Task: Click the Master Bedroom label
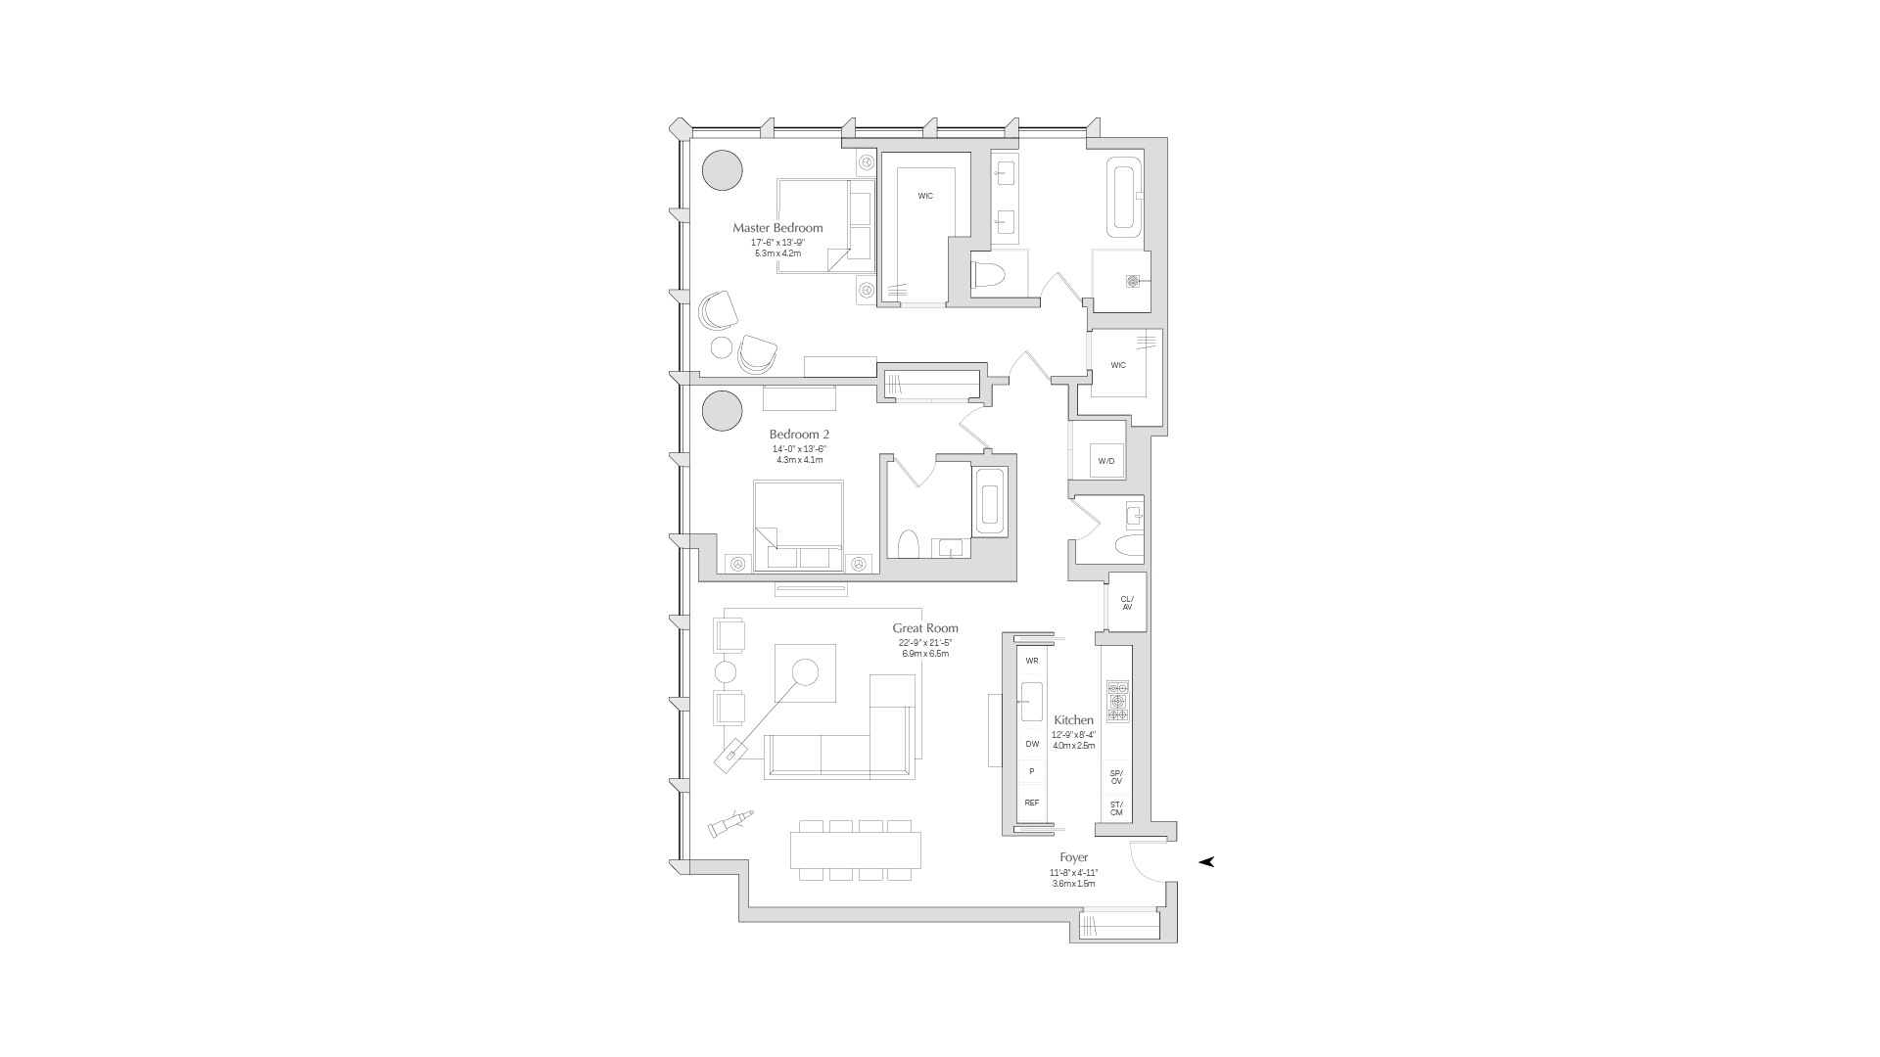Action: (777, 228)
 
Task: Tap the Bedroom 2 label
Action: (799, 435)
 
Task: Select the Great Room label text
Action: (924, 628)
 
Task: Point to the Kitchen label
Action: (1073, 720)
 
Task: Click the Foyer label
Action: (1073, 857)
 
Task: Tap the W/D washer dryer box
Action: (1105, 460)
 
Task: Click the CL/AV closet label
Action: (1126, 603)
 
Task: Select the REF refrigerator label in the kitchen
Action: (1031, 803)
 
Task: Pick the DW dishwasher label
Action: (1031, 744)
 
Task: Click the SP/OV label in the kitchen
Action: (1116, 776)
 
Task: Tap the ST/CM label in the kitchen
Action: (1116, 808)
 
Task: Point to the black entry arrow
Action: (1206, 861)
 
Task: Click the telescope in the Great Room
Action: (730, 822)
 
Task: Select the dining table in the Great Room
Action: (856, 850)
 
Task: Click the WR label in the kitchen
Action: (1031, 661)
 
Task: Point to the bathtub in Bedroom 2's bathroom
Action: (989, 502)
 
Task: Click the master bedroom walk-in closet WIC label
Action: (924, 196)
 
